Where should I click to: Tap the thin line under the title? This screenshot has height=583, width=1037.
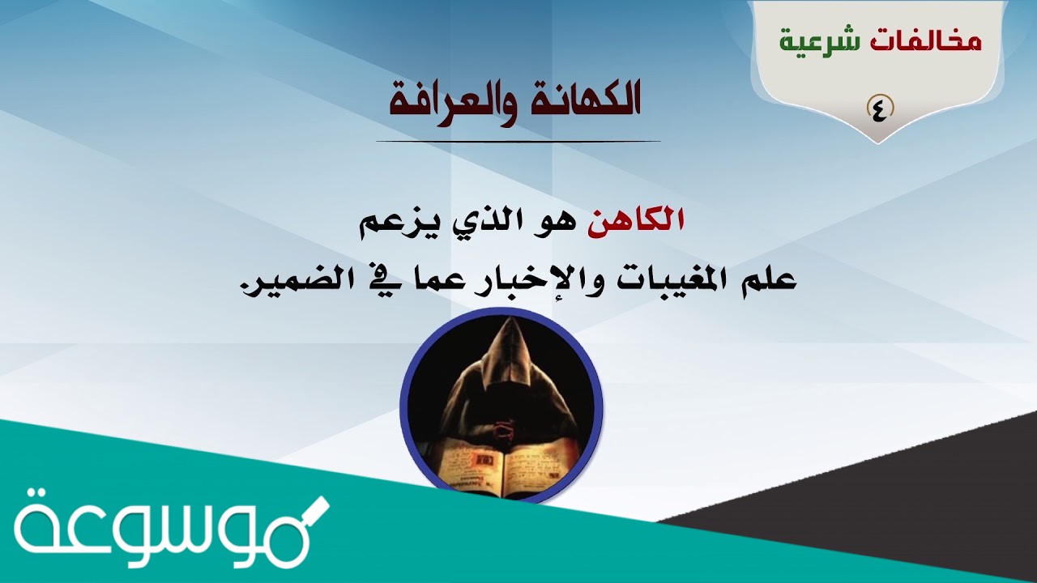[518, 142]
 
